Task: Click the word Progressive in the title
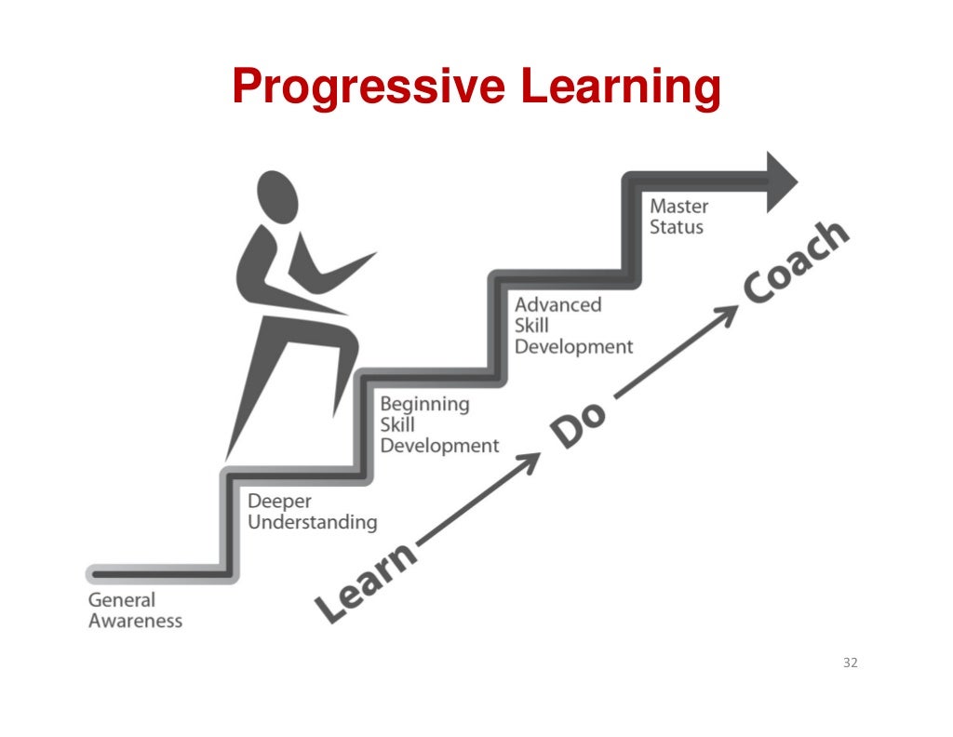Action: [369, 87]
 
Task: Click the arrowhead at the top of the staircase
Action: [780, 181]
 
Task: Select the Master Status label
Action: [678, 216]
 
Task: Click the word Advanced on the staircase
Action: [558, 304]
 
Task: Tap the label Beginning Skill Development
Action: [438, 425]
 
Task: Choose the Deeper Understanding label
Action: [312, 512]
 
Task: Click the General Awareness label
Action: [135, 610]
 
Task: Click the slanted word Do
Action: [578, 424]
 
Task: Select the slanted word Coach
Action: [797, 264]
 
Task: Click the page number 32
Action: [850, 663]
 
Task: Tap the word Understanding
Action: [312, 522]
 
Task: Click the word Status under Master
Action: [677, 226]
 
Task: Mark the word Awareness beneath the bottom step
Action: [135, 621]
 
